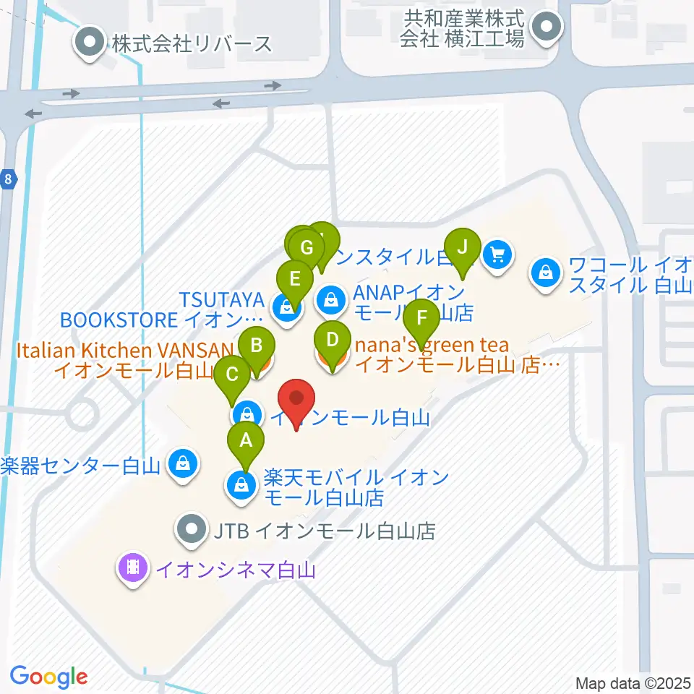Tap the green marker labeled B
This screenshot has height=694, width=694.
[257, 345]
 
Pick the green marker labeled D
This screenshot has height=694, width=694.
[332, 340]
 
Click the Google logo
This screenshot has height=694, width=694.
[48, 677]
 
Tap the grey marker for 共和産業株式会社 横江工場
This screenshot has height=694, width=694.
[546, 30]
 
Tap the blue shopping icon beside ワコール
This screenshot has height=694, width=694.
[545, 273]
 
